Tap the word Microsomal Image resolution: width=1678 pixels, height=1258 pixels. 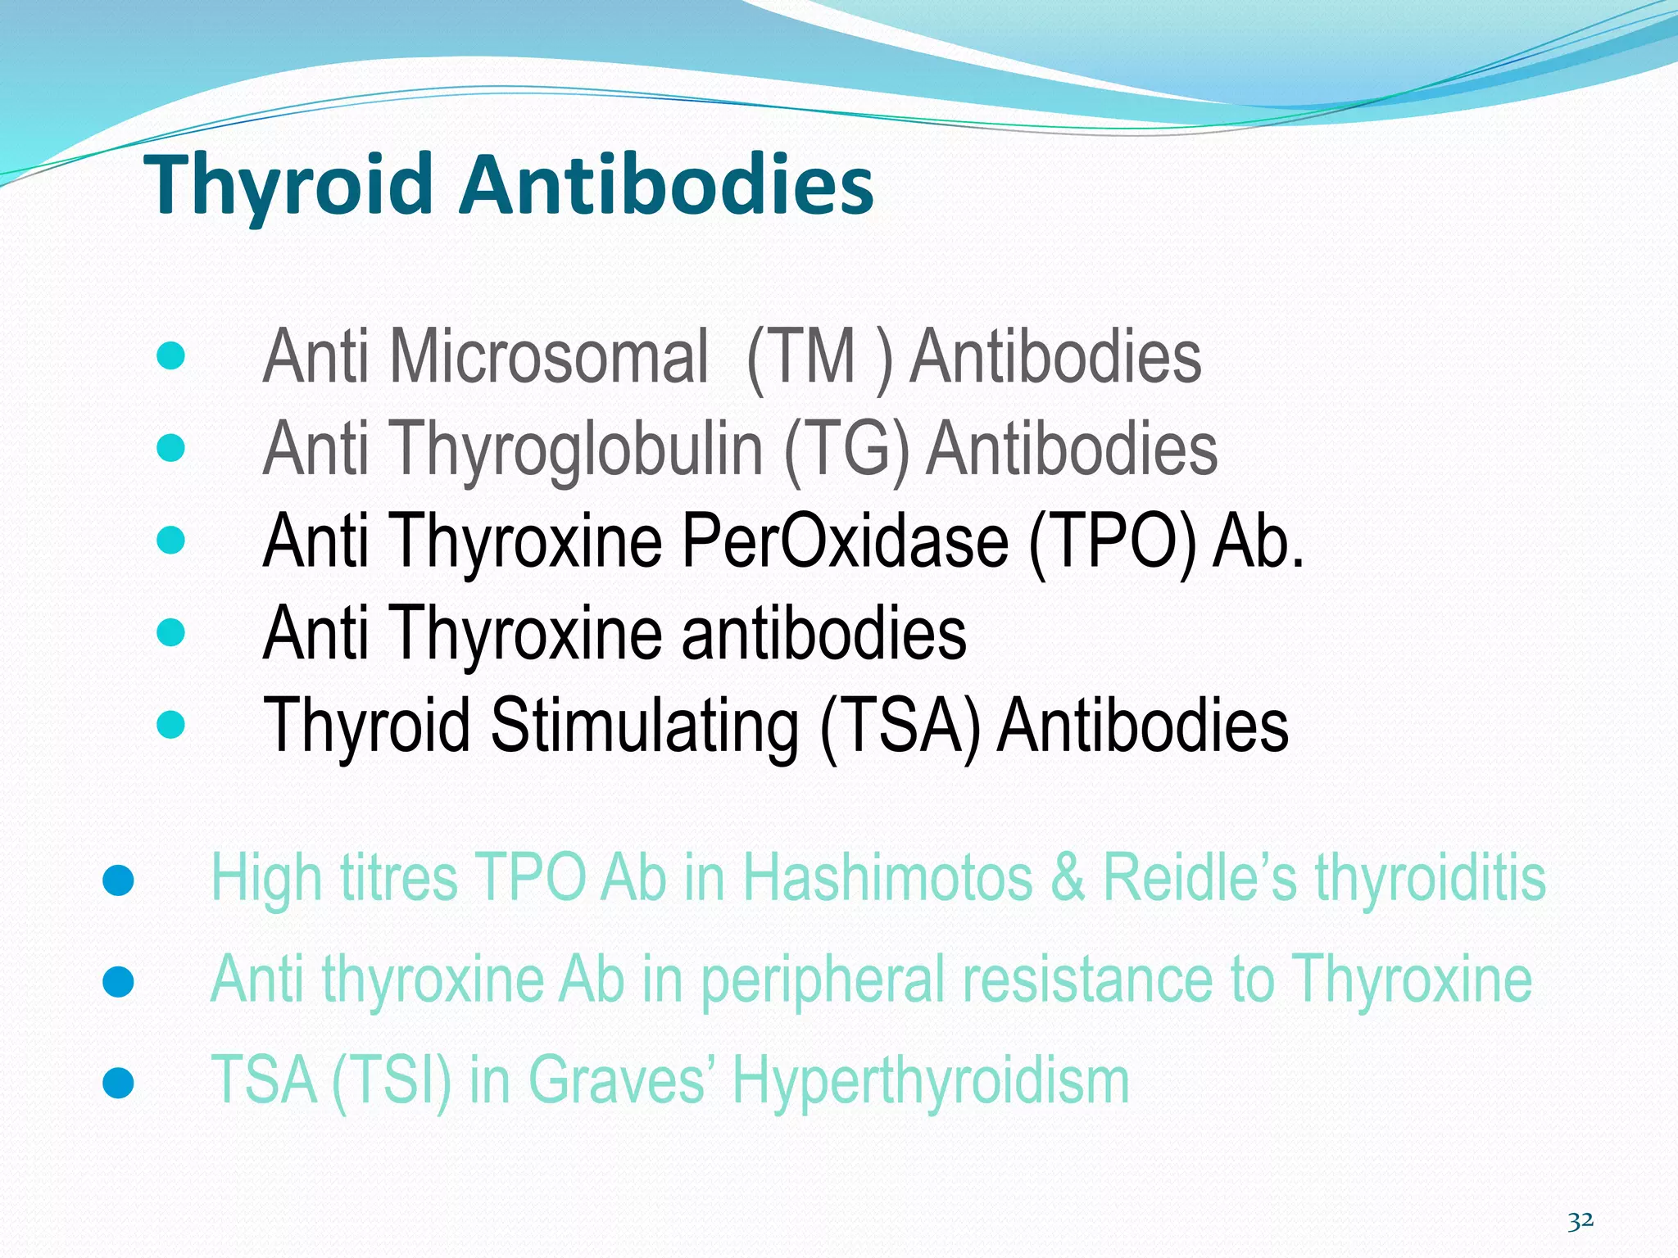click(x=548, y=356)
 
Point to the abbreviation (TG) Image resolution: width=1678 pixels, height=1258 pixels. click(x=846, y=449)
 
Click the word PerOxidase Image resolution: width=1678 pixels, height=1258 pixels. click(x=845, y=541)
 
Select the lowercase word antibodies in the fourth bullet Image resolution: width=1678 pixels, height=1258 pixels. click(x=823, y=633)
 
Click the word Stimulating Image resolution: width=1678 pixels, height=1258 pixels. click(x=645, y=725)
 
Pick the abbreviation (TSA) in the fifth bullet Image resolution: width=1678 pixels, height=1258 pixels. click(x=900, y=725)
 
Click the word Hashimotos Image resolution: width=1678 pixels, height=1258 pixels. click(x=888, y=878)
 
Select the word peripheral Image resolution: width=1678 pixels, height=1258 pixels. click(x=823, y=980)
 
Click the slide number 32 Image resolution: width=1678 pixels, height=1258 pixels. click(x=1580, y=1221)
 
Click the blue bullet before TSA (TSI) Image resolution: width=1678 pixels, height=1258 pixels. click(x=119, y=1083)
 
